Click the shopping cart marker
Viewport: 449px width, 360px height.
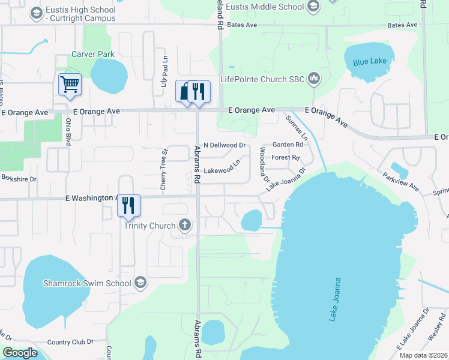click(x=70, y=85)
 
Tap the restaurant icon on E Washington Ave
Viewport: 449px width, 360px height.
click(x=129, y=205)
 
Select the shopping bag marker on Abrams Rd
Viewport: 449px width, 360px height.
click(x=185, y=92)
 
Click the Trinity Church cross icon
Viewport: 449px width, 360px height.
click(x=185, y=226)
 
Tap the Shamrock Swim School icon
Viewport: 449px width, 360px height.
click(x=140, y=283)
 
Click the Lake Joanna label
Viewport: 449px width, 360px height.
click(x=335, y=299)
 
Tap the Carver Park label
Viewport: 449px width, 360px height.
click(x=93, y=54)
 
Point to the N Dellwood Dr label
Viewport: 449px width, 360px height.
click(x=225, y=145)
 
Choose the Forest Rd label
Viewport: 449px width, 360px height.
click(x=285, y=158)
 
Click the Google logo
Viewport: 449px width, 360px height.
click(x=20, y=353)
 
